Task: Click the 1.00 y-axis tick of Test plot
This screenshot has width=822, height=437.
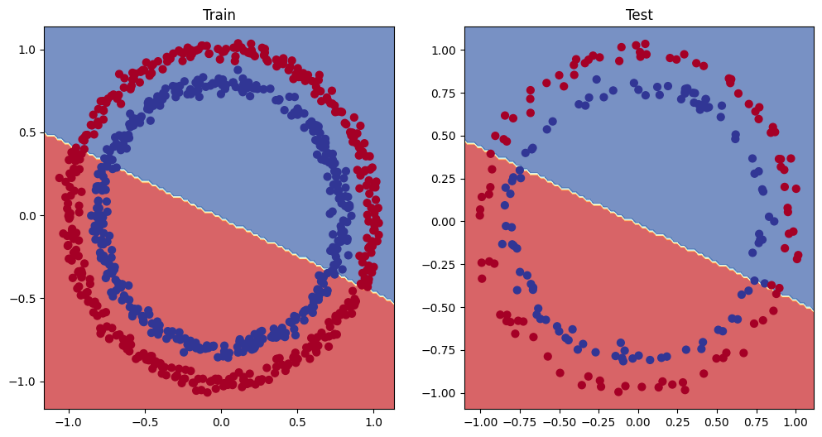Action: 441,50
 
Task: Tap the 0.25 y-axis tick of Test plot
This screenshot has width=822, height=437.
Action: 441,179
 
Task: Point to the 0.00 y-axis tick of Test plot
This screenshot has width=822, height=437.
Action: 441,222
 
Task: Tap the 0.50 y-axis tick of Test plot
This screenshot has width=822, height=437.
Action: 441,136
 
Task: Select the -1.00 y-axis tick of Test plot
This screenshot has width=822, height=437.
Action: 438,393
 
